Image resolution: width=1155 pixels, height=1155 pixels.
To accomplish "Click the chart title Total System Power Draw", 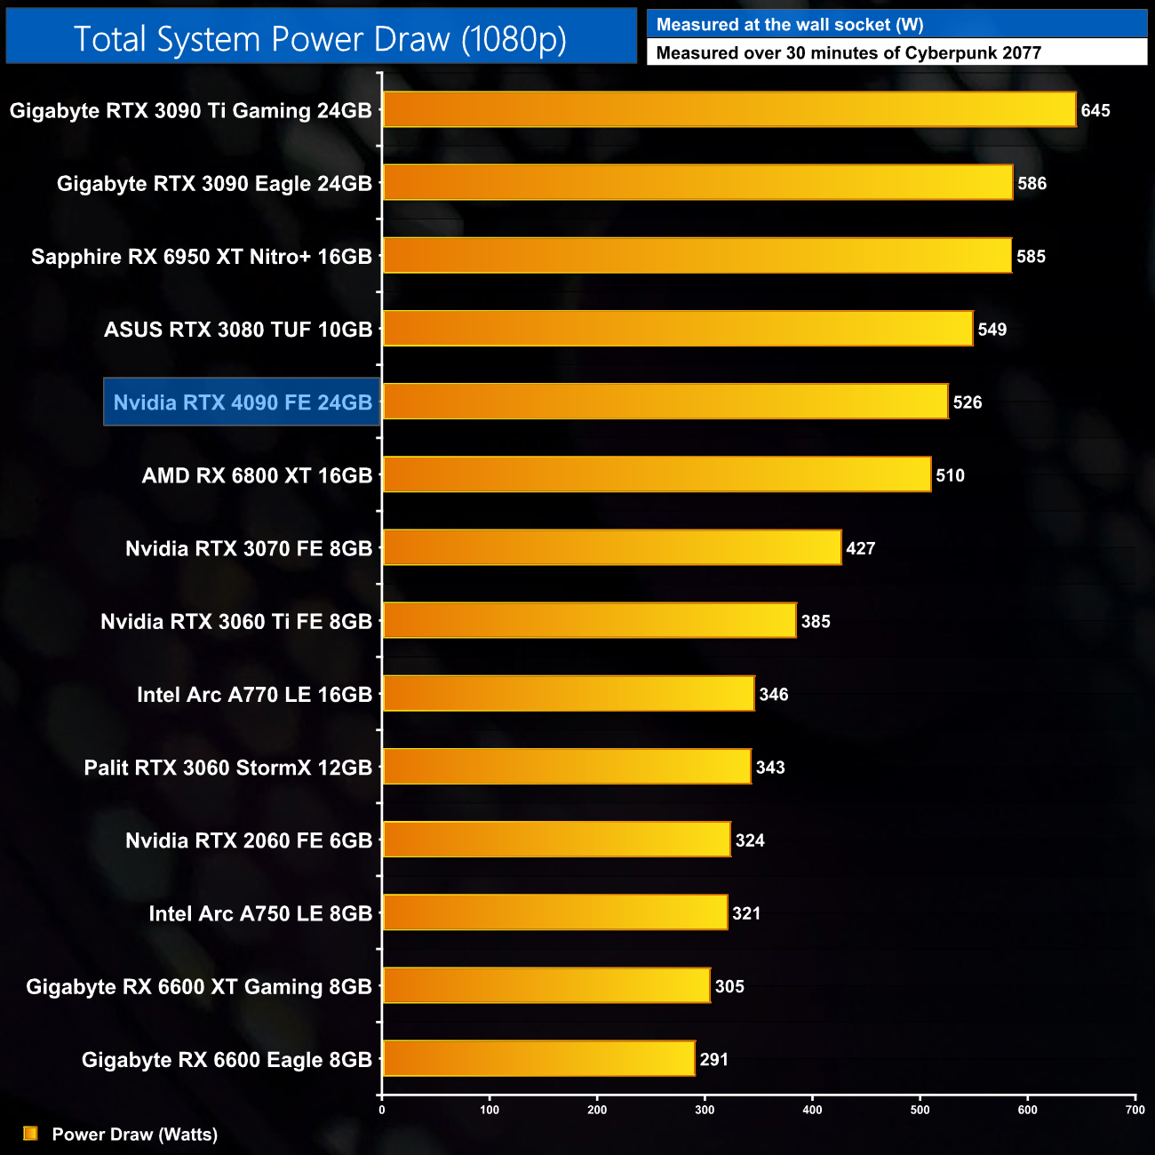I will (x=320, y=39).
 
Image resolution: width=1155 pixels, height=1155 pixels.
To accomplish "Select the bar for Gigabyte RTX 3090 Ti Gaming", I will (x=729, y=110).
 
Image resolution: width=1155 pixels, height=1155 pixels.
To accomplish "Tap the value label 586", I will (x=1032, y=184).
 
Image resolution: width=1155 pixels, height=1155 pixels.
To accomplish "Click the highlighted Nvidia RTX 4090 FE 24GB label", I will (x=243, y=402).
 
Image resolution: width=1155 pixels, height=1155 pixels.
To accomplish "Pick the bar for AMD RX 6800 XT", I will (x=657, y=474).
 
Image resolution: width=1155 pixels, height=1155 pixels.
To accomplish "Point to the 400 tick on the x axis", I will (x=812, y=1109).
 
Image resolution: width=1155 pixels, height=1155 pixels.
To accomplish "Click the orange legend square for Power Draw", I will (x=30, y=1134).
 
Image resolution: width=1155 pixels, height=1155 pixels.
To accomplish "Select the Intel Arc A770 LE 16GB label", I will (x=254, y=695).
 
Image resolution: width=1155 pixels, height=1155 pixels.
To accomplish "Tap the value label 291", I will (x=714, y=1059).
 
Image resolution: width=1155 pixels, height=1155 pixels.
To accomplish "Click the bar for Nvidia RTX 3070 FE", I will (x=611, y=547).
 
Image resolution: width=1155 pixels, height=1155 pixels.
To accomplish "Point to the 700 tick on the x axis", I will (x=1135, y=1109).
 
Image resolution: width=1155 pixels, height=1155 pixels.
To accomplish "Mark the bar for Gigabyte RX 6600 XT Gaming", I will (x=546, y=985).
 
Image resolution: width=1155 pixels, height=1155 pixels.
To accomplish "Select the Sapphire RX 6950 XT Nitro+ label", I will (x=202, y=257).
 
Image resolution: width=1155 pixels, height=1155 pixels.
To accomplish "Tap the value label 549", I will (x=992, y=330).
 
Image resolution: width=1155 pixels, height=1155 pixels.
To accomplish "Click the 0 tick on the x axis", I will (x=382, y=1109).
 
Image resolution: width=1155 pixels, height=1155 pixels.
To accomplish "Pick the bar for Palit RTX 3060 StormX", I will (x=567, y=767).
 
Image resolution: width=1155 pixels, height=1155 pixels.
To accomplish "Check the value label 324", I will (x=750, y=840).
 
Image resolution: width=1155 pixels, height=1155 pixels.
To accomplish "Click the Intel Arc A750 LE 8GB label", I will (x=260, y=913).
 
